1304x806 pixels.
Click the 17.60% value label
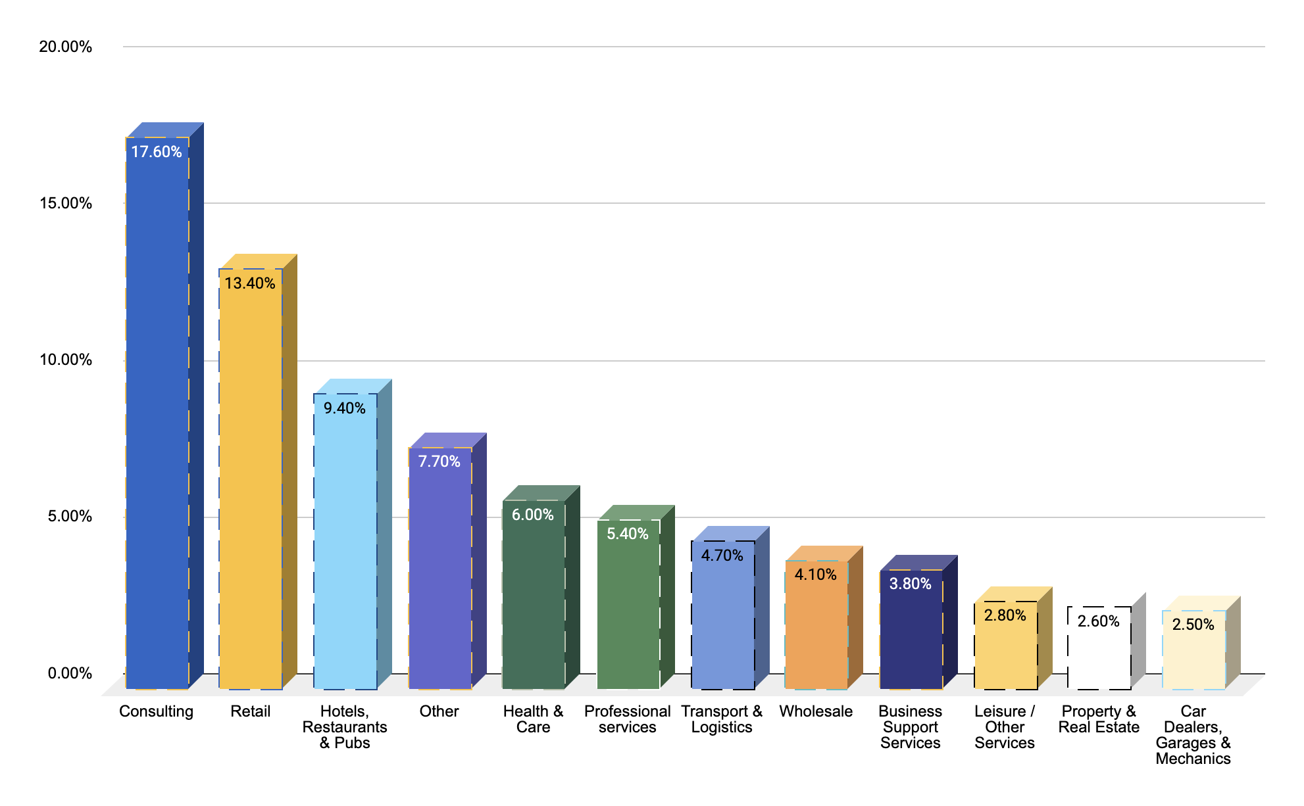click(x=156, y=152)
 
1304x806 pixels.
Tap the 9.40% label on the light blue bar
click(x=344, y=408)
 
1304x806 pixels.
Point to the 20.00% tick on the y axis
click(x=65, y=47)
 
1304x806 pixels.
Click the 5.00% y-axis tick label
click(x=69, y=516)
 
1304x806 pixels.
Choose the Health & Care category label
click(x=533, y=719)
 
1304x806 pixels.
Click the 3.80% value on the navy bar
click(x=910, y=584)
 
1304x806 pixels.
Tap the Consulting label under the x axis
click(x=156, y=711)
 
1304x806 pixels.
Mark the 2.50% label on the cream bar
click(x=1193, y=625)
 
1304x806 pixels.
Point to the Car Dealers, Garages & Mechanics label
click(x=1193, y=735)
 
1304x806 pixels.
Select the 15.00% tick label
click(x=65, y=203)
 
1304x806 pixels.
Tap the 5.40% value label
click(x=627, y=534)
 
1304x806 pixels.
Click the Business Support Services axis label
click(x=910, y=727)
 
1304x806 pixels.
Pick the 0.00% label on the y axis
click(x=69, y=673)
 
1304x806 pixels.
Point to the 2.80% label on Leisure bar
click(x=1005, y=615)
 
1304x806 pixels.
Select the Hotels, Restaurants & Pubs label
click(x=344, y=727)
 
